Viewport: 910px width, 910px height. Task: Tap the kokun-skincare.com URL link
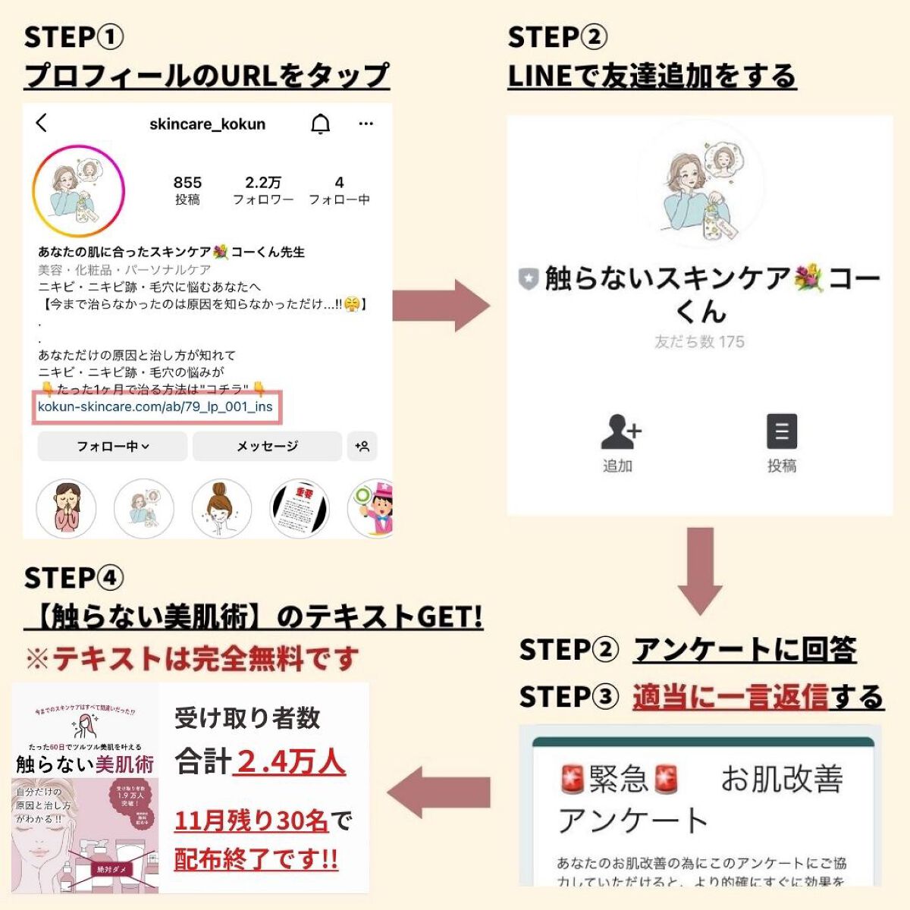tap(155, 407)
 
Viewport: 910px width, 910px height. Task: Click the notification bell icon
tap(321, 124)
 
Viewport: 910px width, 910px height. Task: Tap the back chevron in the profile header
tap(42, 123)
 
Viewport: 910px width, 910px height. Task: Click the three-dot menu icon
tap(366, 124)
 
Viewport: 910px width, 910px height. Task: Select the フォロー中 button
tap(112, 447)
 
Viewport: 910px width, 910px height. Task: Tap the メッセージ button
tap(267, 447)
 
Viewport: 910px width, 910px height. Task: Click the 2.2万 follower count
tap(263, 183)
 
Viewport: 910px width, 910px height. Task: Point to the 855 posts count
tap(187, 183)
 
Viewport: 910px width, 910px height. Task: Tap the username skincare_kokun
tap(207, 124)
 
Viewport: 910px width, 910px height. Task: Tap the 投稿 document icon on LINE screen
tap(781, 432)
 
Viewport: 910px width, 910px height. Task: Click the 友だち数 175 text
tap(699, 342)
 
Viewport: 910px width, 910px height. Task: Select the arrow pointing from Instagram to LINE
tap(442, 305)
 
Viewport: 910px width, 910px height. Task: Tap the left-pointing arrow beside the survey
tap(440, 792)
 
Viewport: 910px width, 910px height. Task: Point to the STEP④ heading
tap(74, 578)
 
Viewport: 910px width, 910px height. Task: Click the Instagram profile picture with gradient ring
tap(78, 190)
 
